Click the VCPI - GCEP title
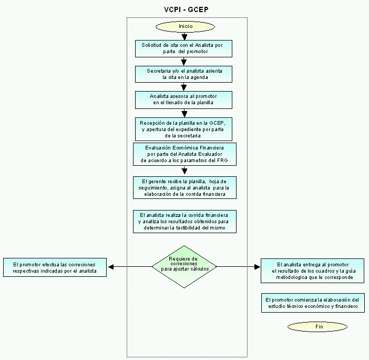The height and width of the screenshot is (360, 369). (186, 9)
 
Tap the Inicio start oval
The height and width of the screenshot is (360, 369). (185, 26)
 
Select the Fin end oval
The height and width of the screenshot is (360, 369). (317, 327)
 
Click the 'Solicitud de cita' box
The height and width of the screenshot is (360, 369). (183, 48)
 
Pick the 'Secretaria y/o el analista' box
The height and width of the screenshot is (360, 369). (183, 74)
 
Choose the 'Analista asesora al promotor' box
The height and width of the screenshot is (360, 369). (183, 100)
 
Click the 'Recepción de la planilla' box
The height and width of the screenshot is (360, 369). (183, 129)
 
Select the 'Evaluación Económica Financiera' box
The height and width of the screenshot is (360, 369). (184, 154)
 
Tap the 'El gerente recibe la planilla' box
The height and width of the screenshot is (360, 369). (184, 188)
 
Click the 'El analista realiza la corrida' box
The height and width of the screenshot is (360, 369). (184, 222)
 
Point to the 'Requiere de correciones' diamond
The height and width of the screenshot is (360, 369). (184, 267)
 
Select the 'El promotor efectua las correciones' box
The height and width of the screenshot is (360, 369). (55, 267)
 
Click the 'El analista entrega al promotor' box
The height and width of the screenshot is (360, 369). (313, 271)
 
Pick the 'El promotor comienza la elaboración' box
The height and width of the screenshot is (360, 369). (313, 303)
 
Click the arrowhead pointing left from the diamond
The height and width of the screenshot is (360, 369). (110, 267)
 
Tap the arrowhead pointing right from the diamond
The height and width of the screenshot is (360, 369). (258, 267)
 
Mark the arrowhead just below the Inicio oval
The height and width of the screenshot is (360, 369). (184, 37)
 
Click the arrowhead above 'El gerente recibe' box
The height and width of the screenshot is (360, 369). (184, 171)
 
